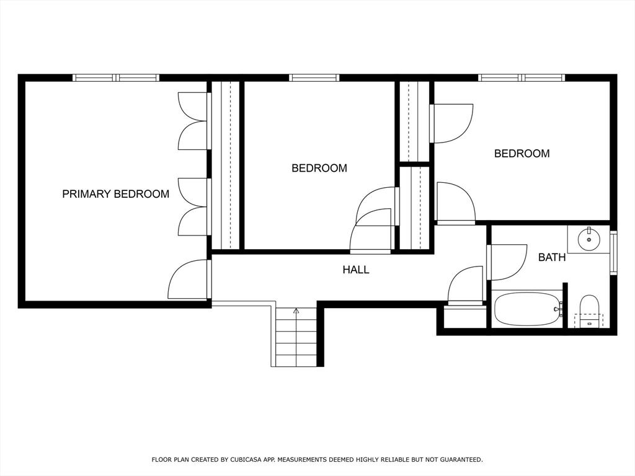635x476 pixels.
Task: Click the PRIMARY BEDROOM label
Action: [x=115, y=194]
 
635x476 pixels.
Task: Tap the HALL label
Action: [x=356, y=270]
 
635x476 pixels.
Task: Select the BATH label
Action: [x=551, y=257]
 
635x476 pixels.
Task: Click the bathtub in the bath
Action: [x=526, y=309]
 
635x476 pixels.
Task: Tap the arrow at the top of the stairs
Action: [x=296, y=310]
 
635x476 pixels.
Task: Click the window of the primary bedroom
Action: [x=116, y=77]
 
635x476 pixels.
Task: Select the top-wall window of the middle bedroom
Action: [x=314, y=77]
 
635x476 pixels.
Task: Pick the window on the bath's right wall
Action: [x=613, y=252]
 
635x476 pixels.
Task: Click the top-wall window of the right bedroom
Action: [x=522, y=77]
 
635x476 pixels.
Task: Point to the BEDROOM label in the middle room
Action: [x=319, y=168]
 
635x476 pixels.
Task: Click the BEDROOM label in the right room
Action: [x=522, y=154]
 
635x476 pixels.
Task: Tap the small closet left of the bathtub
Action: [x=465, y=317]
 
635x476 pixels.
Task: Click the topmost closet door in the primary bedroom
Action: [x=193, y=107]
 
